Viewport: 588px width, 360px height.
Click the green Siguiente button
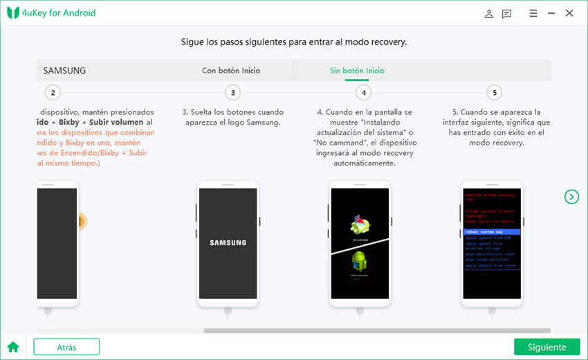click(546, 347)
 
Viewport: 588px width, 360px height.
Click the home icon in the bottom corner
click(12, 347)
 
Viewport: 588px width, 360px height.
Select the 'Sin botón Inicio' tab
click(357, 71)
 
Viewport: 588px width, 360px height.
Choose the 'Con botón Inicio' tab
click(231, 71)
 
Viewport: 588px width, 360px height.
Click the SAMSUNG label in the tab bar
click(64, 71)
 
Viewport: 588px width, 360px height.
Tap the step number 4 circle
click(363, 93)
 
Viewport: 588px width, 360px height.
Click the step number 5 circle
click(493, 93)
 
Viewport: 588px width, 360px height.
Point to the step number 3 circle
click(233, 93)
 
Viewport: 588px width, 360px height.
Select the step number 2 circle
click(53, 93)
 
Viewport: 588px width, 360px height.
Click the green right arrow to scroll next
click(571, 197)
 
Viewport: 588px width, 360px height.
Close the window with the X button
click(569, 13)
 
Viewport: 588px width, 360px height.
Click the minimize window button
click(551, 13)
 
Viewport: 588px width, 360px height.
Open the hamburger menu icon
click(533, 13)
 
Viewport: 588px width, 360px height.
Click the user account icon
click(489, 13)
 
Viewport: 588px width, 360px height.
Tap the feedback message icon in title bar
click(507, 13)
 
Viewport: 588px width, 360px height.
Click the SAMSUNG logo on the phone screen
click(228, 243)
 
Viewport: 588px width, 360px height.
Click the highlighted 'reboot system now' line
click(491, 231)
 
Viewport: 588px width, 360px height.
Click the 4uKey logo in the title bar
click(13, 13)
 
